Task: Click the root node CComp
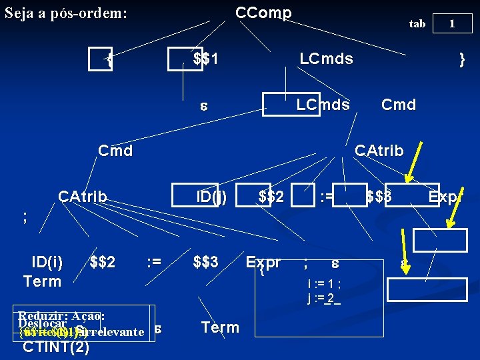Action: (x=263, y=13)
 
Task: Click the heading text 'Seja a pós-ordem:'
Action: (x=65, y=13)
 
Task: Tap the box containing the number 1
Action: (x=452, y=24)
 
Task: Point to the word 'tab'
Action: (x=417, y=24)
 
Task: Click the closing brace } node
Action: (x=462, y=59)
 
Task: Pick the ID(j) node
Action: (x=211, y=197)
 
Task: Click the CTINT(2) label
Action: (x=56, y=347)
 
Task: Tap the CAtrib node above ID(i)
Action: (x=82, y=197)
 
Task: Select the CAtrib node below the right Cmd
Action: (x=379, y=151)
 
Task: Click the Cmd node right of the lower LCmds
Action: (x=398, y=105)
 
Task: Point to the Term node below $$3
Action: (x=219, y=327)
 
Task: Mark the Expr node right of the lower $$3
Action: (x=263, y=262)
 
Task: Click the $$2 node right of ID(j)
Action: (x=271, y=197)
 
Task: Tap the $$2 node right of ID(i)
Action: (x=102, y=262)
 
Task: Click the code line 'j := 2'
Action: (x=323, y=298)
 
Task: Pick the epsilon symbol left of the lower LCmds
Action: (x=205, y=105)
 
